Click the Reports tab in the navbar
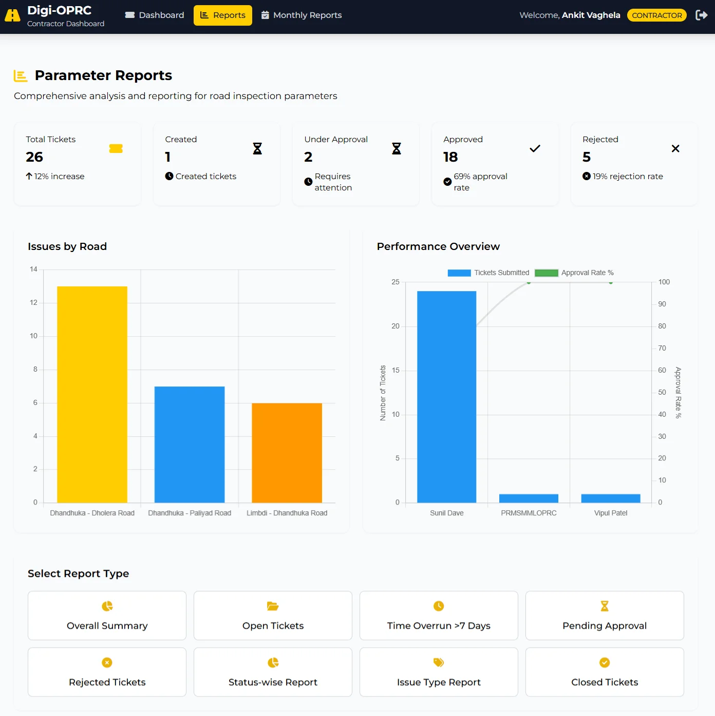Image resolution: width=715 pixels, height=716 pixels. (x=222, y=15)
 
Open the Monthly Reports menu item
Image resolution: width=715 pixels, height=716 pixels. (x=302, y=15)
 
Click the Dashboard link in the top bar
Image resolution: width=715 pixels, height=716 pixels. (x=155, y=15)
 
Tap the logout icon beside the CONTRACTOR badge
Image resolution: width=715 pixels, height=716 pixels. (x=701, y=15)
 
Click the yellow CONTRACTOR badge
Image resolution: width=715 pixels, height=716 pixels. (x=656, y=15)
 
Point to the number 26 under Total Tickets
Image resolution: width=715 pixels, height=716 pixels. (x=34, y=157)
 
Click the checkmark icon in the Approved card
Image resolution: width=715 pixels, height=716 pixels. (x=535, y=149)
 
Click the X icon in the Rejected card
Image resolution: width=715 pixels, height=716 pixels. (x=675, y=149)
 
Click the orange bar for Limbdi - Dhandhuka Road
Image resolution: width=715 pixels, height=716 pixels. (x=287, y=453)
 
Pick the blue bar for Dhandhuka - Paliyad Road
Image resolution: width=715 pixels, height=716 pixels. (x=190, y=444)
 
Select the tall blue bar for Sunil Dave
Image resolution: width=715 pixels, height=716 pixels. (x=446, y=397)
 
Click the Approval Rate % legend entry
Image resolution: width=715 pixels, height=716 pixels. (x=574, y=273)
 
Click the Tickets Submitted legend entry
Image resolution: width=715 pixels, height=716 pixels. (x=488, y=273)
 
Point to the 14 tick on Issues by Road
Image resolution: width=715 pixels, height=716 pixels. (x=33, y=269)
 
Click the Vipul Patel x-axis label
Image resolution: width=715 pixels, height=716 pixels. (x=611, y=513)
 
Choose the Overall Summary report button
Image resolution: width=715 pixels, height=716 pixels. (x=107, y=615)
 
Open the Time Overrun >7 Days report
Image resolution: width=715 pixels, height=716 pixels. (x=439, y=615)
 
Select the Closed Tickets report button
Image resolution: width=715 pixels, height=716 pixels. (x=605, y=672)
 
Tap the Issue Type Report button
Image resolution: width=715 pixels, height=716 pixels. (x=439, y=672)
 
